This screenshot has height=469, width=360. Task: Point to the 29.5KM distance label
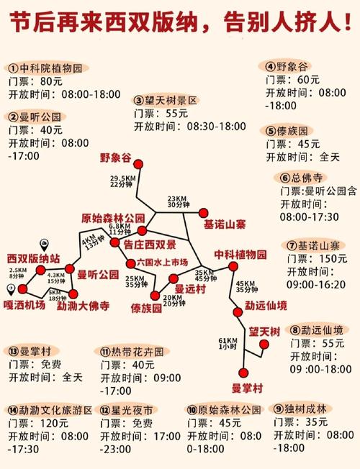coord(123,178)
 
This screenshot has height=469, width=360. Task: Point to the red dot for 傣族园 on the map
coord(156,296)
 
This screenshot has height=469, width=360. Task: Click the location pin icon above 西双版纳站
coord(44,243)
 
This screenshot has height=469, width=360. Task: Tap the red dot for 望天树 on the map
coord(265,345)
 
